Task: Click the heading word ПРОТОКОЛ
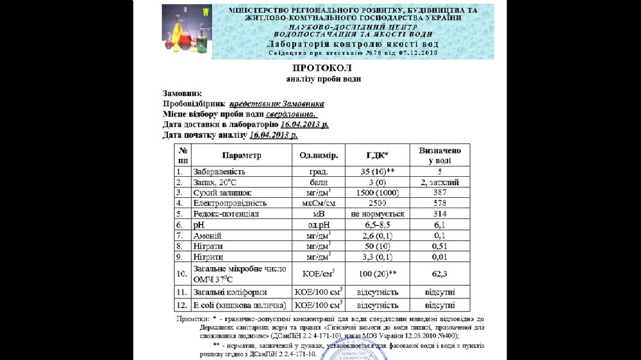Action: point(322,68)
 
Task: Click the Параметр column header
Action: point(242,156)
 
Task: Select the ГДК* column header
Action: point(377,156)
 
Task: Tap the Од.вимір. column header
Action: point(319,156)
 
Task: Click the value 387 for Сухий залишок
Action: point(439,192)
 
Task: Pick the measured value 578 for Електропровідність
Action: point(439,203)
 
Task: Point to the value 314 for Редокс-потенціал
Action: point(439,214)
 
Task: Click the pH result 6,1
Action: point(439,225)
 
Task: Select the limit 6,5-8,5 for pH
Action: point(377,225)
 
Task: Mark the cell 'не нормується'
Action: point(377,214)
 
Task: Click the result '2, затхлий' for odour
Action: point(439,182)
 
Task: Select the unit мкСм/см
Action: point(319,203)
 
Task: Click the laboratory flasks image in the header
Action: point(187,31)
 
